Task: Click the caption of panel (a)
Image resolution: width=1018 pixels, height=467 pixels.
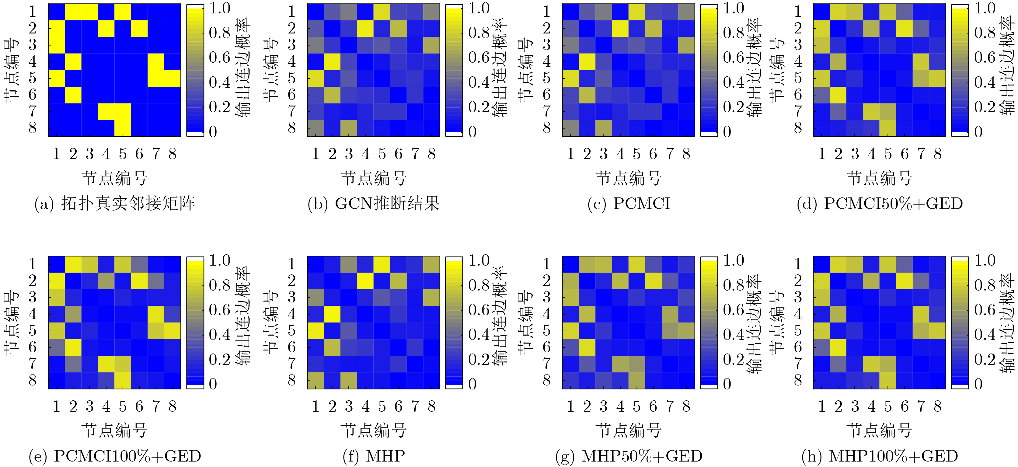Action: (115, 204)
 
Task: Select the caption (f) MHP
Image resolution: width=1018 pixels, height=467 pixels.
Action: (373, 456)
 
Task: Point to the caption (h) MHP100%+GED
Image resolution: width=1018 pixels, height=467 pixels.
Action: (879, 456)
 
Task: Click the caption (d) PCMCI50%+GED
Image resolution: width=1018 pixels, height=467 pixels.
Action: (879, 204)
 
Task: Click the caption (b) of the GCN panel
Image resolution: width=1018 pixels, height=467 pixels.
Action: (373, 204)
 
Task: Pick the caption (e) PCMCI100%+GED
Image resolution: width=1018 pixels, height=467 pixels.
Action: (115, 456)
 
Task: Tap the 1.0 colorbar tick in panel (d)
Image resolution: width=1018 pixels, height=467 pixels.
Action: (985, 8)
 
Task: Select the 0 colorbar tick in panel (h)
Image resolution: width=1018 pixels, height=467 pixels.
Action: (978, 384)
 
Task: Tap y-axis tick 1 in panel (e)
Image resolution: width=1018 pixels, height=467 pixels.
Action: (33, 263)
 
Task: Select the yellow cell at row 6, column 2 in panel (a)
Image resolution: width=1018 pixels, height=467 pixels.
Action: (73, 95)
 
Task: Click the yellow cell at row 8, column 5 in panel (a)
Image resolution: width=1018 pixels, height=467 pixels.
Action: (123, 128)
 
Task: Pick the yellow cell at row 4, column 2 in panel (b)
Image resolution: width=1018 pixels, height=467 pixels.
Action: (332, 62)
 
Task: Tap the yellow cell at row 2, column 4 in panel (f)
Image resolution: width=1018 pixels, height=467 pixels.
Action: (365, 281)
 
